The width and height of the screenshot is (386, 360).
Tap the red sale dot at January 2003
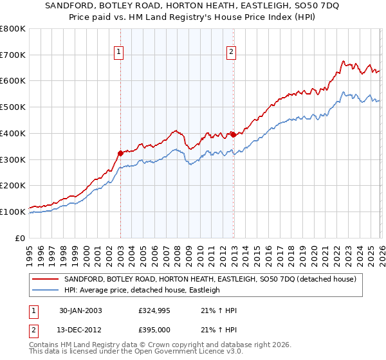point(120,153)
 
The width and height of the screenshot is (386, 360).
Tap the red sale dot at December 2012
point(233,134)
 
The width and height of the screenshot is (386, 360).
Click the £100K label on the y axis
point(13,212)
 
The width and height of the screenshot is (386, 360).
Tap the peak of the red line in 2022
point(344,61)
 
